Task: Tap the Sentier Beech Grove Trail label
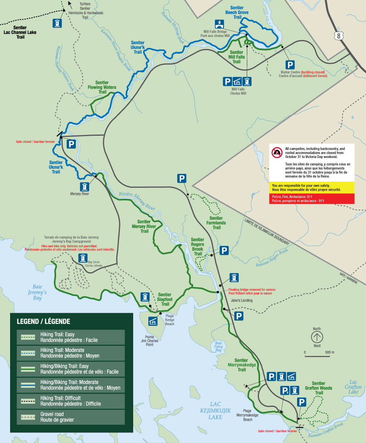(x=237, y=12)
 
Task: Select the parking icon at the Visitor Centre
(x=290, y=65)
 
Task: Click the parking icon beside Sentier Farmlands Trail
(x=182, y=179)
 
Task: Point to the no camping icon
(x=277, y=152)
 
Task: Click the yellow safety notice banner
(x=311, y=187)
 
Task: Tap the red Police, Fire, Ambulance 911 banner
(x=311, y=199)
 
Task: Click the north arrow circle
(x=317, y=337)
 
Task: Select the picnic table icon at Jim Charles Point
(x=153, y=321)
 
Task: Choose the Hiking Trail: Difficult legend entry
(x=67, y=401)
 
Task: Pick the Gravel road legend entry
(x=67, y=417)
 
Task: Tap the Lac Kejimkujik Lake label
(x=215, y=410)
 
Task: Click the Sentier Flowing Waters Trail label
(x=102, y=88)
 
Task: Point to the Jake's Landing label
(x=241, y=300)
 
